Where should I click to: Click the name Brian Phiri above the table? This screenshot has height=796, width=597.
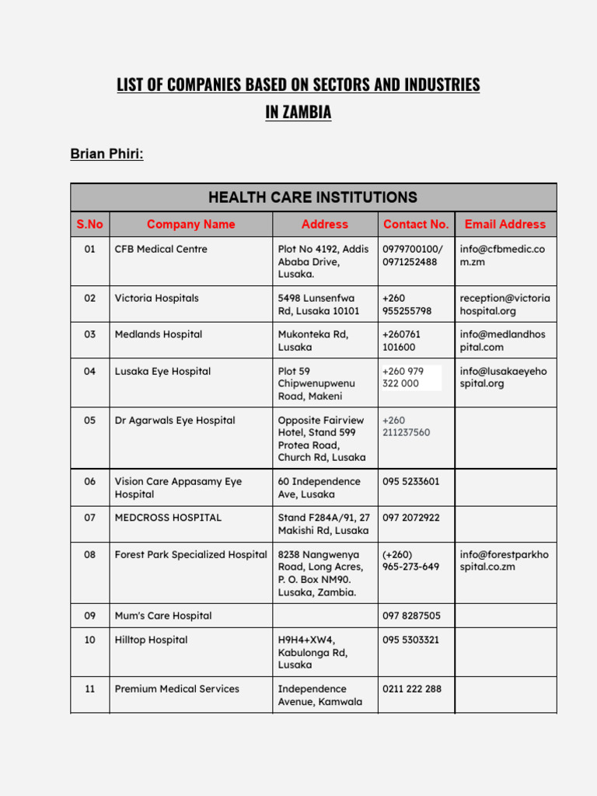pos(106,154)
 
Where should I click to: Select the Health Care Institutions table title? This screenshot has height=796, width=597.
pos(312,197)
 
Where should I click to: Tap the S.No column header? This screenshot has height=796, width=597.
pos(89,224)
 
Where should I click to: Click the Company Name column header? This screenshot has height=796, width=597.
pos(190,224)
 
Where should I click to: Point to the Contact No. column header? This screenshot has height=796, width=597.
pos(416,224)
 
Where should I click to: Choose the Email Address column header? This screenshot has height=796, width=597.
pos(505,224)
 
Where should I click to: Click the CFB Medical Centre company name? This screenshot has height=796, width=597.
pos(161,250)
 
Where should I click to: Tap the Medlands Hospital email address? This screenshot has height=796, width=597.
pos(503,340)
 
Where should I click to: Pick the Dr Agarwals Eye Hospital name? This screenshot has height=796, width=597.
pos(175,421)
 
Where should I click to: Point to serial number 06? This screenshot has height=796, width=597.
pos(90,482)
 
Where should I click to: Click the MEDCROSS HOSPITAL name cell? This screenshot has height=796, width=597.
pos(168,518)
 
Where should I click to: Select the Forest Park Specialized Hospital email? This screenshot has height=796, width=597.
pos(504,560)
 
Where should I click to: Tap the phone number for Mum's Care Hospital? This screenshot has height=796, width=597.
pos(411,616)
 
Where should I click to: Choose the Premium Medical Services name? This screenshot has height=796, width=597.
pos(177,689)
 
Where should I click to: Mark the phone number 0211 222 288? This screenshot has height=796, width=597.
pos(412,689)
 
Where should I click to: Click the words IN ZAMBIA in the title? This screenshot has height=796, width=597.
pos(298,112)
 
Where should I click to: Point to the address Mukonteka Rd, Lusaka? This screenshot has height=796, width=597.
pos(313,340)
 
